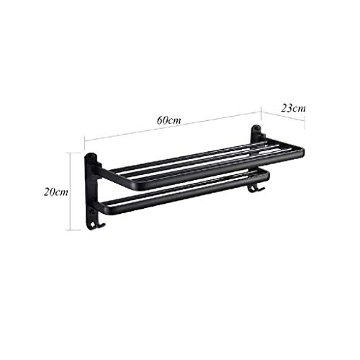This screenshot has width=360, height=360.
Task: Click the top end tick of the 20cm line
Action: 69,152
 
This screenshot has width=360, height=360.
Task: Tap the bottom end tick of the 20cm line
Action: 69,230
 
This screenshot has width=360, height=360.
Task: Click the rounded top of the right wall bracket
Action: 256,130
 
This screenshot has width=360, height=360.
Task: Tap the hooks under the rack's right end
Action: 253,189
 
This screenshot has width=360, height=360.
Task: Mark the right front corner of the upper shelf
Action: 301,153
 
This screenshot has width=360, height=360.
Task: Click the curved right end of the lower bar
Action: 268,175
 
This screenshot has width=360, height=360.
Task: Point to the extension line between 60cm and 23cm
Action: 260,119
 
